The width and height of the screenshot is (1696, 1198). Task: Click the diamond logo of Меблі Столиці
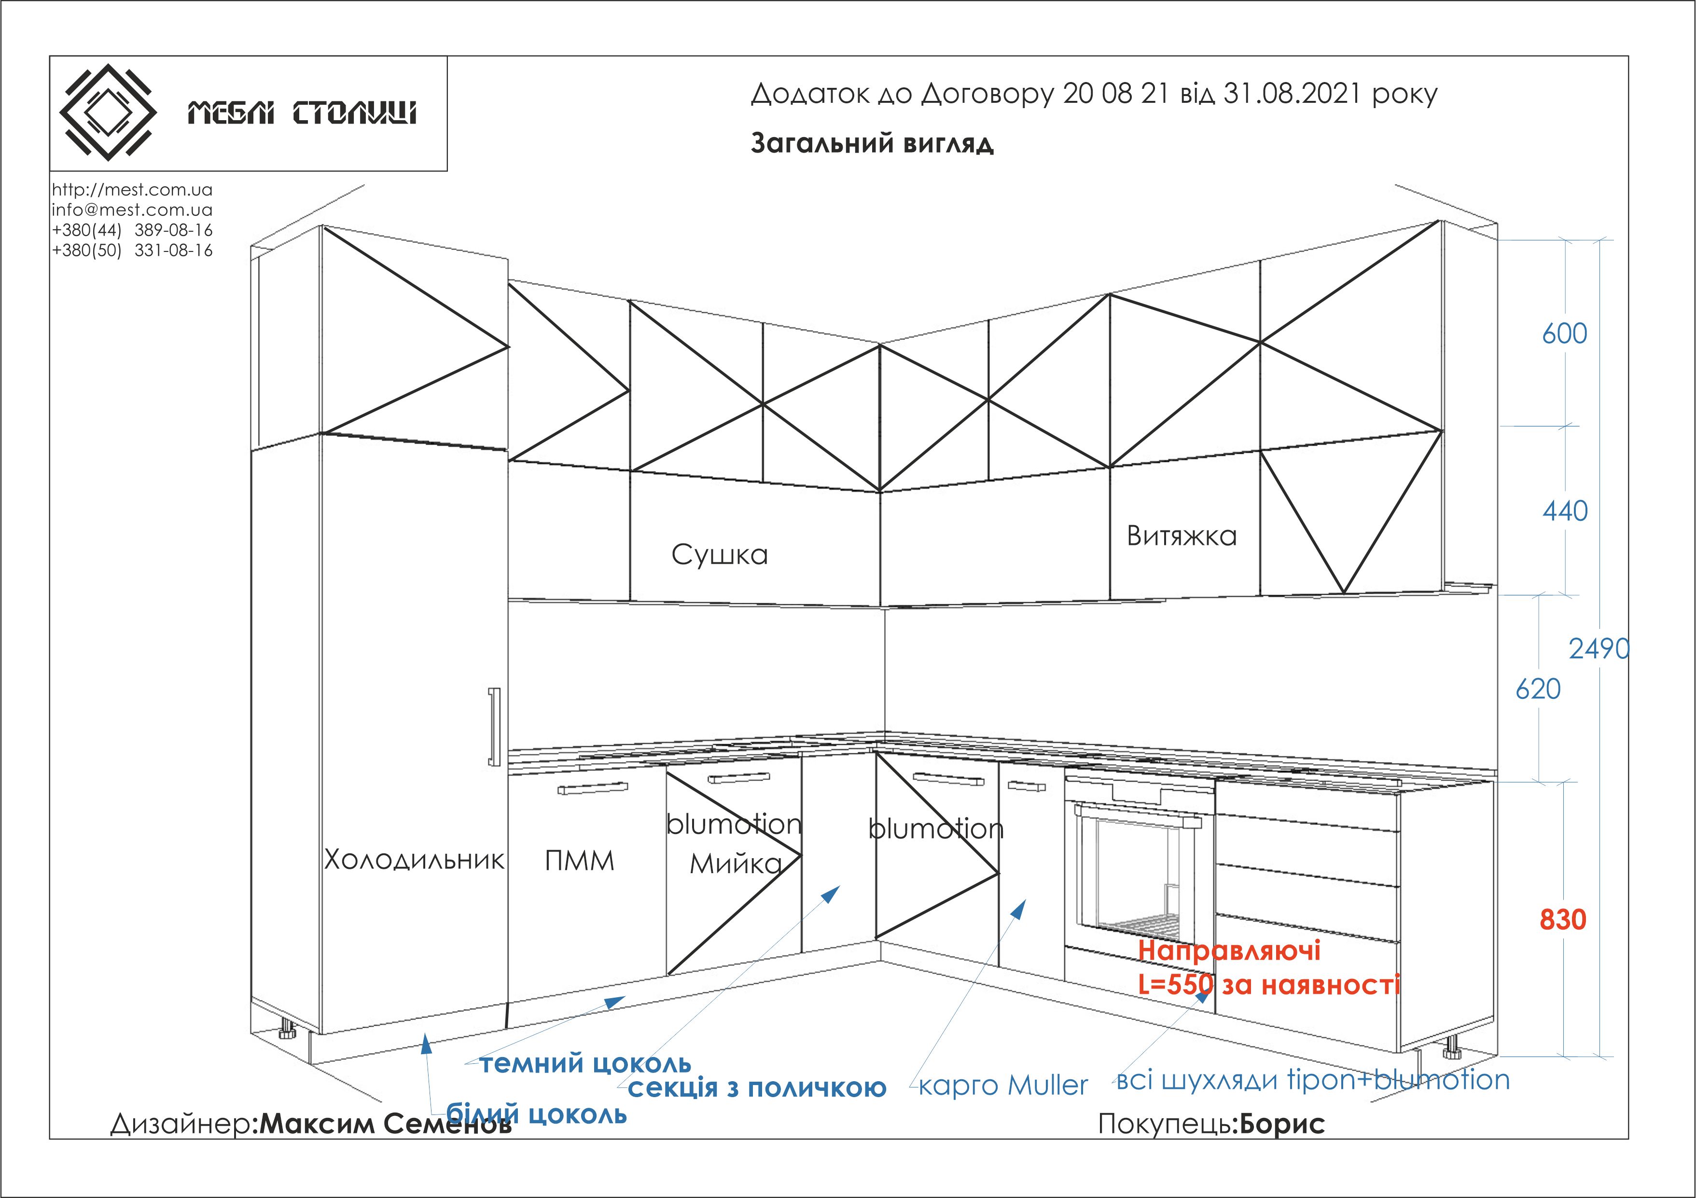point(108,112)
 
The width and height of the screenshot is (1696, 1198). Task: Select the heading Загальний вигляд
point(873,142)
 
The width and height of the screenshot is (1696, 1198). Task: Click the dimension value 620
point(1538,689)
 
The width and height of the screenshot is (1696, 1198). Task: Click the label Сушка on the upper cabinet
point(720,555)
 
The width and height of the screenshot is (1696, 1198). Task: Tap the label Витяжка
point(1181,535)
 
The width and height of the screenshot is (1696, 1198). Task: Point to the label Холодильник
point(414,859)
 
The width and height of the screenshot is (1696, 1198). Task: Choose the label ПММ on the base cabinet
point(579,861)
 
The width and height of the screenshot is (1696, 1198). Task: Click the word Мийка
point(736,864)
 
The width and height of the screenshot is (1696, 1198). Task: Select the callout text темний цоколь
point(585,1064)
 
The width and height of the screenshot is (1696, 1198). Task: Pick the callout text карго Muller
point(1003,1085)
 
